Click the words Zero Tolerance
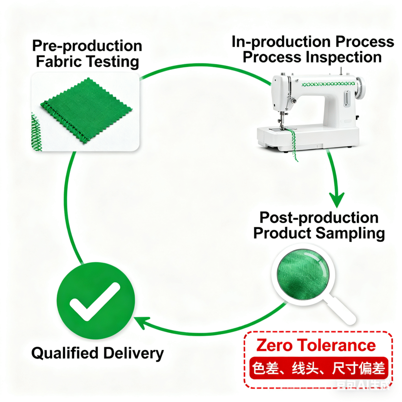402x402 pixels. click(316, 345)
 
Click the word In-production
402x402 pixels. click(275, 42)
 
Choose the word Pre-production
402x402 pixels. click(87, 46)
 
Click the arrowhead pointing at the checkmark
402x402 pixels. click(140, 323)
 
